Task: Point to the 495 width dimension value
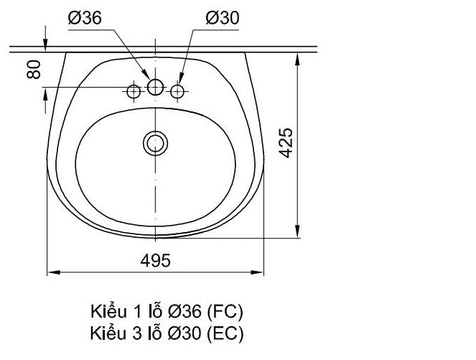[x=155, y=261]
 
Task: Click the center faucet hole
[x=155, y=87]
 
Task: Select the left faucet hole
[x=134, y=91]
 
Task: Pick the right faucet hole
[x=177, y=91]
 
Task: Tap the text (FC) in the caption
[x=225, y=312]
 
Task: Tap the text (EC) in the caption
[x=225, y=333]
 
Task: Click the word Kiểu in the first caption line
[x=106, y=312]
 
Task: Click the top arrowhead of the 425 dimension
[x=297, y=56]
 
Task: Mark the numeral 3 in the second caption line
[x=136, y=333]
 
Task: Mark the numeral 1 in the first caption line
[x=136, y=312]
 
